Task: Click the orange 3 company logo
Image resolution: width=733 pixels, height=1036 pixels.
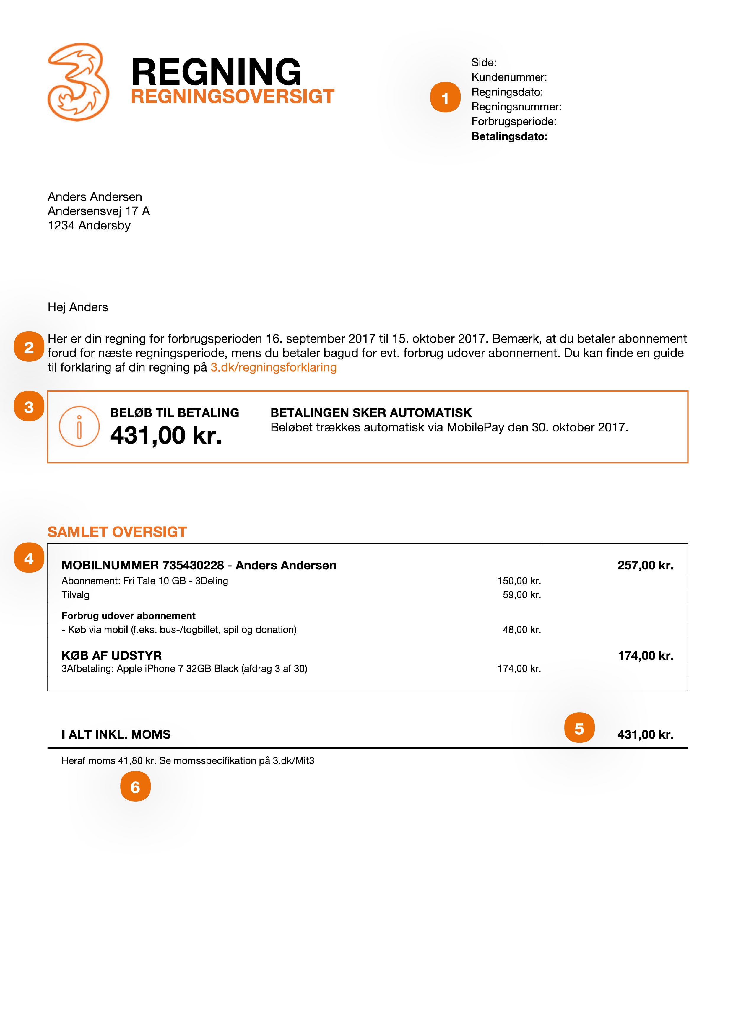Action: point(78,82)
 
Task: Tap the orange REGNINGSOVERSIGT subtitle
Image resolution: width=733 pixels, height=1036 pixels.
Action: point(233,97)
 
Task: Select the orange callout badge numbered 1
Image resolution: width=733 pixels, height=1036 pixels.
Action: point(445,97)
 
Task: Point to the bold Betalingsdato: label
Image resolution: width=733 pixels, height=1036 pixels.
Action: point(509,137)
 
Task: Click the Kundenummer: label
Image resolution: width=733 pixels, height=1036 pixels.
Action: point(509,78)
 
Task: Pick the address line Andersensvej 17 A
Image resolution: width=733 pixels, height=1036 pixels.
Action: point(99,211)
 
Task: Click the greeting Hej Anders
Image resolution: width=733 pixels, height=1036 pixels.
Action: point(78,307)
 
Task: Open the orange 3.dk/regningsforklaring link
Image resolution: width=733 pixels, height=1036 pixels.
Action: point(274,367)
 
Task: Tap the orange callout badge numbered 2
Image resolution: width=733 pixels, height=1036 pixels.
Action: point(29,347)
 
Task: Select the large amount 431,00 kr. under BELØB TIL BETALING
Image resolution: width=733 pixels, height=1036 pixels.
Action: point(166,436)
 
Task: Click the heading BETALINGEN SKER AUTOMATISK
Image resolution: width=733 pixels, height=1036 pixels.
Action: point(370,413)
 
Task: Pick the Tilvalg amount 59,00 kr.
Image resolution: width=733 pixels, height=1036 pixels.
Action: point(521,595)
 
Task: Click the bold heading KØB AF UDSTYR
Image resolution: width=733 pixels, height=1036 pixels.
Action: point(111,656)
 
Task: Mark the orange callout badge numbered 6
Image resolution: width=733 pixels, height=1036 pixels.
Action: point(135,787)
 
